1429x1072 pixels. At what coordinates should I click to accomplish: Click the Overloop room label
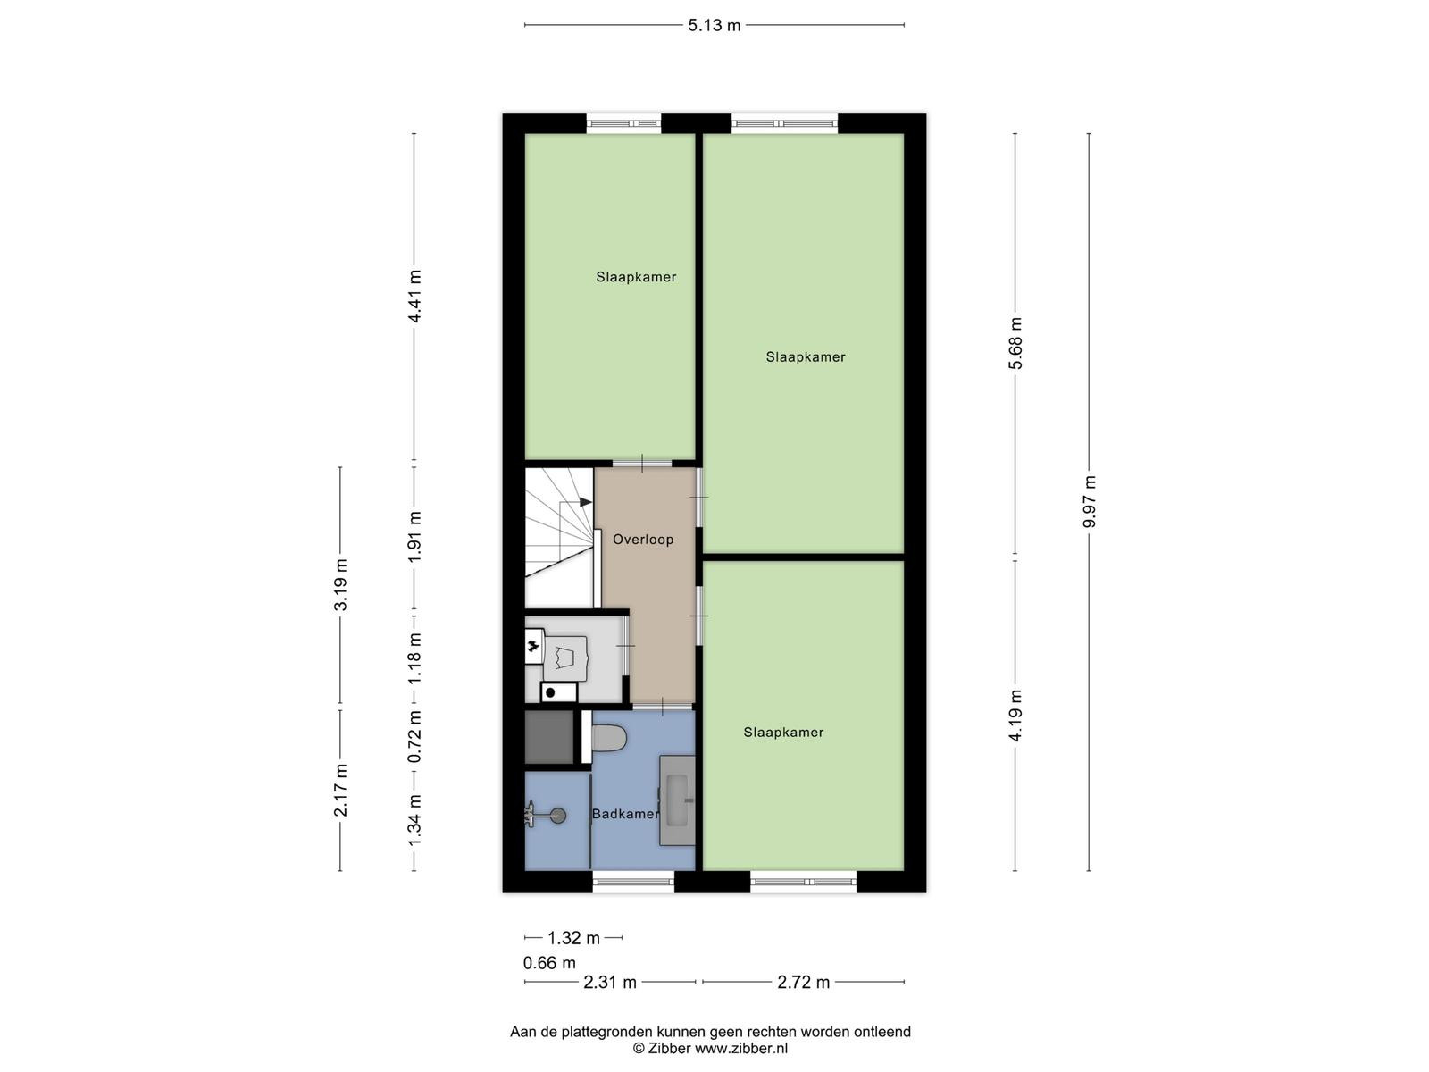point(642,540)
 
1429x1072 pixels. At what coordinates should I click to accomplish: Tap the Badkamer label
point(625,814)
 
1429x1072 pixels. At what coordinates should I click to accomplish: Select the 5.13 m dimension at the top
point(714,25)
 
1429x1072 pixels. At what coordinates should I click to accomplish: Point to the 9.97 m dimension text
point(1089,502)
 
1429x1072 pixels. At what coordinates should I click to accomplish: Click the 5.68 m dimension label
point(1015,343)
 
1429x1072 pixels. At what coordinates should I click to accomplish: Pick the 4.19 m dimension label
point(1015,715)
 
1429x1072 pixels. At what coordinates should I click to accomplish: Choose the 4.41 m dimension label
point(414,297)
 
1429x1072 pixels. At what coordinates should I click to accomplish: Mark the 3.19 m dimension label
point(340,585)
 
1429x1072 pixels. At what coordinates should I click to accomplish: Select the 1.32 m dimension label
point(573,938)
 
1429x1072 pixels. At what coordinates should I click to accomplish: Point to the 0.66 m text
point(549,963)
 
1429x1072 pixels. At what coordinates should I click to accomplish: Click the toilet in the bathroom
point(609,738)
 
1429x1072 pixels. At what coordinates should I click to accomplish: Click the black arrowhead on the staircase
point(586,502)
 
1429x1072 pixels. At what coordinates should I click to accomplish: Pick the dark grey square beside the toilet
point(548,737)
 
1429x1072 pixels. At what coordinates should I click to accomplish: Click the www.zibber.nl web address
point(741,1048)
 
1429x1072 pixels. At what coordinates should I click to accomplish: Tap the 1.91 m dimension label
point(414,537)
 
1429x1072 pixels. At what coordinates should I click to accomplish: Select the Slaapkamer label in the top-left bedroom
point(636,277)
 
